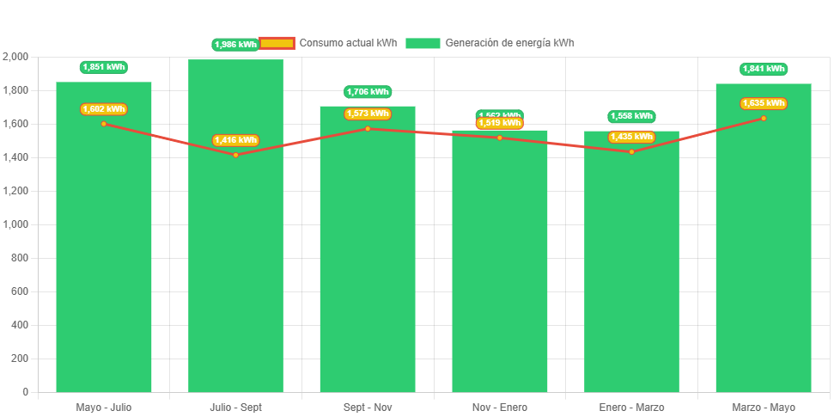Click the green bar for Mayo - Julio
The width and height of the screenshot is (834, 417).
coord(103,258)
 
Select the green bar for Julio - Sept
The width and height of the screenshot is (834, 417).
coord(235,258)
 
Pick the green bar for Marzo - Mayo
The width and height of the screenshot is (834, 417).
coord(764,258)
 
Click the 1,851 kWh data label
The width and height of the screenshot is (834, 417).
coord(103,67)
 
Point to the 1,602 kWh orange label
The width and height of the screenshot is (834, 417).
coord(103,109)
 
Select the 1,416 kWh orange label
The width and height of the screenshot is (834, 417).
coord(235,140)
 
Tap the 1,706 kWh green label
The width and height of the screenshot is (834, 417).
coord(368,92)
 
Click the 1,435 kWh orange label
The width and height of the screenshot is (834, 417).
coord(631,137)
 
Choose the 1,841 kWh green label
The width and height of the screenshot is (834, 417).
coord(764,69)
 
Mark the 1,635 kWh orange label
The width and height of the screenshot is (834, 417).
coord(764,103)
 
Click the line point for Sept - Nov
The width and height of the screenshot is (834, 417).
coord(368,129)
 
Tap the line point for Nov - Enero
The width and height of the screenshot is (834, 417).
coord(499,138)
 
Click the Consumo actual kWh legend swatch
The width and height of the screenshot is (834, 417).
coord(277,43)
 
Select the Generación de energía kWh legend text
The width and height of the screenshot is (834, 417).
coord(509,43)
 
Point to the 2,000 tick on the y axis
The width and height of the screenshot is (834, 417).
coord(15,57)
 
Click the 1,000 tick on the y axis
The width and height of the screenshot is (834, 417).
coord(15,224)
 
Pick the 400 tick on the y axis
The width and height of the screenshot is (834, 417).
coord(20,325)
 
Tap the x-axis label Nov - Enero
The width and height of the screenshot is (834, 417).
coord(499,407)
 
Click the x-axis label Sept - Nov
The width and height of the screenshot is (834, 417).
coord(368,407)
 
